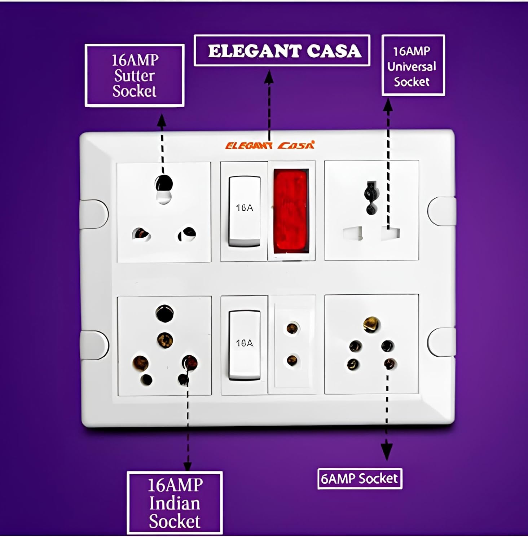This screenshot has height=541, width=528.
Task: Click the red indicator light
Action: [x=291, y=211]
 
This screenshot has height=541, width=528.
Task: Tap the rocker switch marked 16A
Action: [x=244, y=211]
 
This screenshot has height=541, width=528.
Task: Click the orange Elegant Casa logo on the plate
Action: [x=270, y=145]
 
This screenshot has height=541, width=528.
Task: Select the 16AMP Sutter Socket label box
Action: [x=135, y=75]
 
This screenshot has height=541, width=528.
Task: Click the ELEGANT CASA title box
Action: [x=282, y=51]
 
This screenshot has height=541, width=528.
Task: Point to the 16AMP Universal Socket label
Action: [x=413, y=66]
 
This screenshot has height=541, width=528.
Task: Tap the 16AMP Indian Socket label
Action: [x=175, y=503]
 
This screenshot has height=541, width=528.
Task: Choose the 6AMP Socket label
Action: [x=360, y=479]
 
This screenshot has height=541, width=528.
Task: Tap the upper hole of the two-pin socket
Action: [x=292, y=328]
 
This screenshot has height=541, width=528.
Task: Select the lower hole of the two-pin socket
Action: [x=292, y=360]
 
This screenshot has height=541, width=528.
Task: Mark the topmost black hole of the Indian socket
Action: [x=164, y=313]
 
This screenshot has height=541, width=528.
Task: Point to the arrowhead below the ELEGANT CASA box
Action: [x=269, y=77]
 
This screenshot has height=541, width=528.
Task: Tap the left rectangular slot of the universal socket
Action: [x=352, y=233]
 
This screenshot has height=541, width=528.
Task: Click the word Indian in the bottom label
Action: [x=175, y=503]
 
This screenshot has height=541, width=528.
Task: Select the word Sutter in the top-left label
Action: [x=134, y=76]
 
